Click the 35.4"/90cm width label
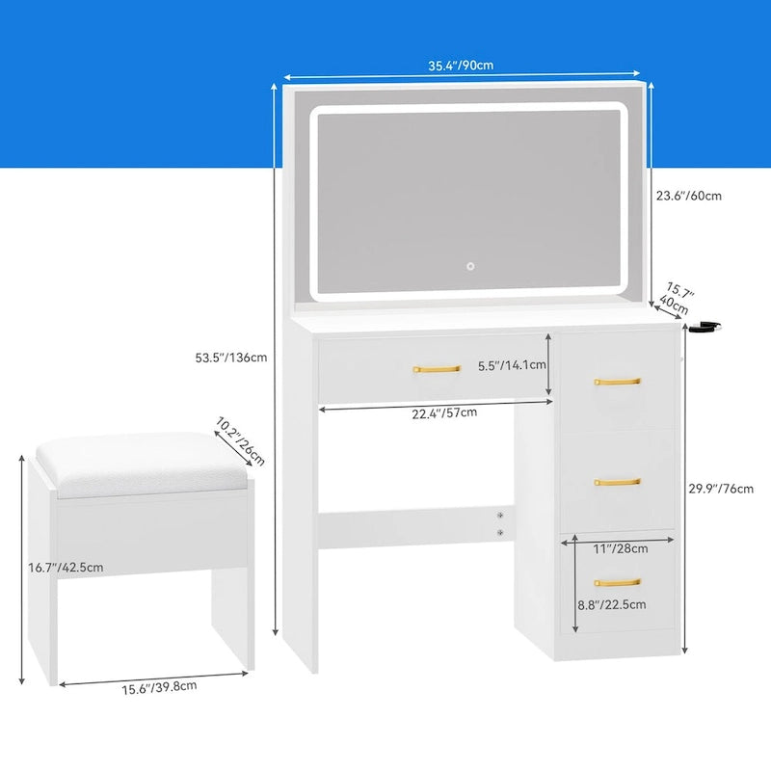(461, 66)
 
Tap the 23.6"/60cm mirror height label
(688, 196)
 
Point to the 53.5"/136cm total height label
(230, 358)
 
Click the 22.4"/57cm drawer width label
(444, 412)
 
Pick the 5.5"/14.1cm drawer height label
(513, 365)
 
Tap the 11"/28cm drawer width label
(620, 548)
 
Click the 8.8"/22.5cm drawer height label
(611, 604)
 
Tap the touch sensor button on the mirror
(471, 265)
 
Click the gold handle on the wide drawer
(438, 368)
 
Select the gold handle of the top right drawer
(617, 382)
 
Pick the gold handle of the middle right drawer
(617, 482)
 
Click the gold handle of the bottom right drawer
(617, 582)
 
